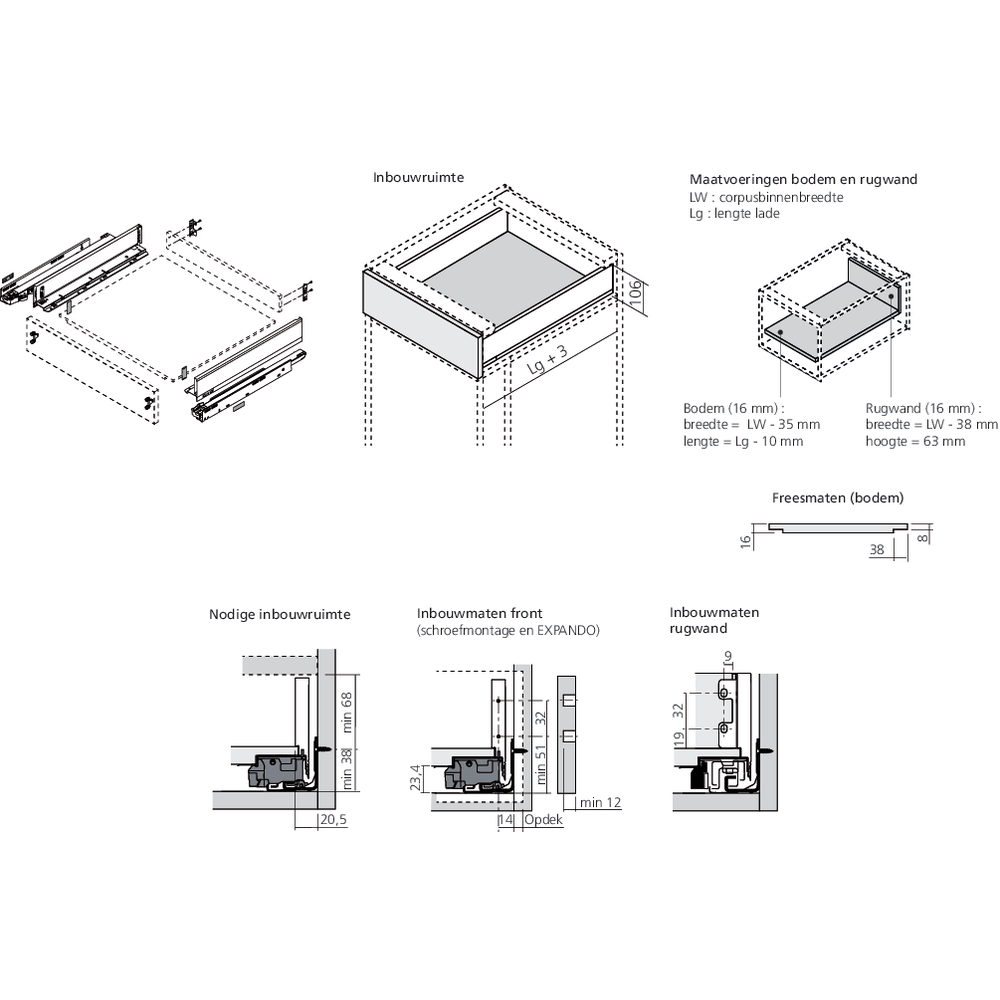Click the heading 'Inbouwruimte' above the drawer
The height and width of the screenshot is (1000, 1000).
point(418,177)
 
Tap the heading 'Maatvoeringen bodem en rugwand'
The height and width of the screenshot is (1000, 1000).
point(803,180)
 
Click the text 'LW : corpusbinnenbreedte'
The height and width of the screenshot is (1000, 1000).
point(766,197)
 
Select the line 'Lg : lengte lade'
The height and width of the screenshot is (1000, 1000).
point(734,213)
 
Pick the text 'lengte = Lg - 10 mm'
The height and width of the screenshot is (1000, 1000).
point(743,441)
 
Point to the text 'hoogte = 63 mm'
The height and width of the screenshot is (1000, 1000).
point(915,441)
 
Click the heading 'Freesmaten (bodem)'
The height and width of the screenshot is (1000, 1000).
point(838,497)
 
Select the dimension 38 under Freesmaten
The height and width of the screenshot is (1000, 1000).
point(877,549)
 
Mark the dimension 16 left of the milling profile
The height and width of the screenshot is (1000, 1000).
point(744,540)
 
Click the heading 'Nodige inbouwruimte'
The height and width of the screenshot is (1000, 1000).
point(280,614)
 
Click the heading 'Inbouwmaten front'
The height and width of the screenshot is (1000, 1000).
point(479,613)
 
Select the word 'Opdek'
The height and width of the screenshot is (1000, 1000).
point(544,819)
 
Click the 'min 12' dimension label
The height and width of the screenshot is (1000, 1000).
point(600,802)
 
